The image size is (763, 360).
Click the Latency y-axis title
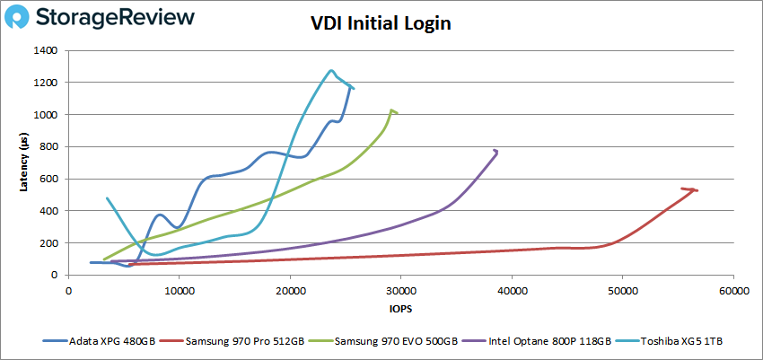(24, 162)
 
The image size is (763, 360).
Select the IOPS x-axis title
(400, 310)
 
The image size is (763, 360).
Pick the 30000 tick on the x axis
(400, 292)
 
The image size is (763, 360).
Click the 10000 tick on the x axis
(179, 292)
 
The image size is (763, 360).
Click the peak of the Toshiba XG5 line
(331, 70)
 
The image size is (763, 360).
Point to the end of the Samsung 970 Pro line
(697, 190)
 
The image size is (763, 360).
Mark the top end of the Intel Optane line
(496, 151)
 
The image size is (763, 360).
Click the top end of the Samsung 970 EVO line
(392, 110)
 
